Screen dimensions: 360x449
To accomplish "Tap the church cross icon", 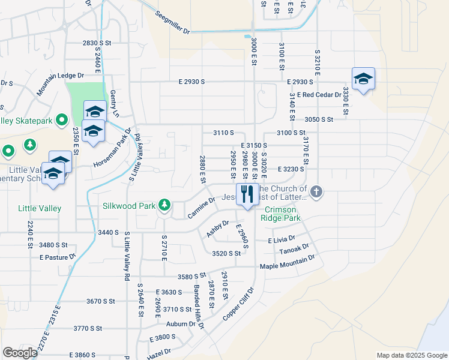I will click(x=316, y=193).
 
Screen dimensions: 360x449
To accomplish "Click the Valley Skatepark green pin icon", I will click(x=61, y=121).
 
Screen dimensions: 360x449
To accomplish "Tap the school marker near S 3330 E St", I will click(x=363, y=79).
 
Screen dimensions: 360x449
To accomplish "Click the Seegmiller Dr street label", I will click(x=172, y=23).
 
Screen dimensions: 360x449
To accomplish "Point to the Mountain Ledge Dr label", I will click(x=60, y=84).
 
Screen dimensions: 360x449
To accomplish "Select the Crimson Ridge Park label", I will click(x=281, y=214).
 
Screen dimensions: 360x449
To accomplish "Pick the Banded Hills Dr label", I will click(x=199, y=306).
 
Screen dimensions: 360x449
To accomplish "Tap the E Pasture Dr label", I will click(x=58, y=257).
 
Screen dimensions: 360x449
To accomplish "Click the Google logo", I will click(x=20, y=353).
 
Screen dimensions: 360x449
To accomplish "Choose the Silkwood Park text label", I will click(x=128, y=206).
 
